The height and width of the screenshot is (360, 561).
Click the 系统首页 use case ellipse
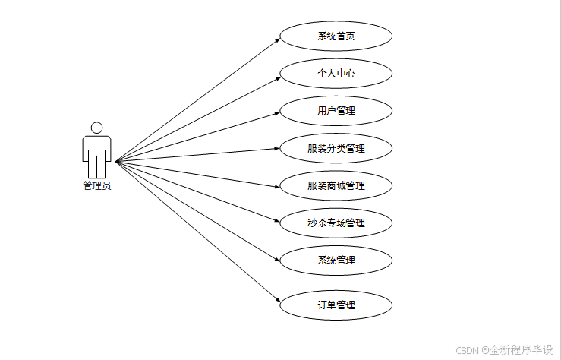(336, 36)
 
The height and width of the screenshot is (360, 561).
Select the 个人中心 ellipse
(336, 74)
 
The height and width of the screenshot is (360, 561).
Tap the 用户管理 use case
(336, 111)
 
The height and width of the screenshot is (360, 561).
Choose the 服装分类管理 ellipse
(336, 148)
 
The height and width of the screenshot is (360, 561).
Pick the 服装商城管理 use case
(336, 185)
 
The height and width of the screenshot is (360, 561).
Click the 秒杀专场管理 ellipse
(336, 223)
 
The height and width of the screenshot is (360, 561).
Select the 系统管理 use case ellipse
(336, 260)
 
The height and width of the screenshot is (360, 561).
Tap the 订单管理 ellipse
(336, 305)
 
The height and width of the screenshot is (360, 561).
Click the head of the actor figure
(96, 128)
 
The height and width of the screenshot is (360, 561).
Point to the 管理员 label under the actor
(97, 185)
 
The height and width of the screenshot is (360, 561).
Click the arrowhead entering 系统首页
(277, 38)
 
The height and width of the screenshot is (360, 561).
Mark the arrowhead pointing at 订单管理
(277, 303)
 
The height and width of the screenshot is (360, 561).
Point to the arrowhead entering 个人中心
(277, 75)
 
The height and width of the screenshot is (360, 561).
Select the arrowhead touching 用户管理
(277, 112)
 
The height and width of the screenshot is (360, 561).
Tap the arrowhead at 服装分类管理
(277, 149)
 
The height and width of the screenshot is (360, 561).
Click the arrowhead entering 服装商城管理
(277, 185)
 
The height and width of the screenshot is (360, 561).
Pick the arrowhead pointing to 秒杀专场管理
(277, 222)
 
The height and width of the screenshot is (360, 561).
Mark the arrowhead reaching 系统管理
(277, 258)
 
